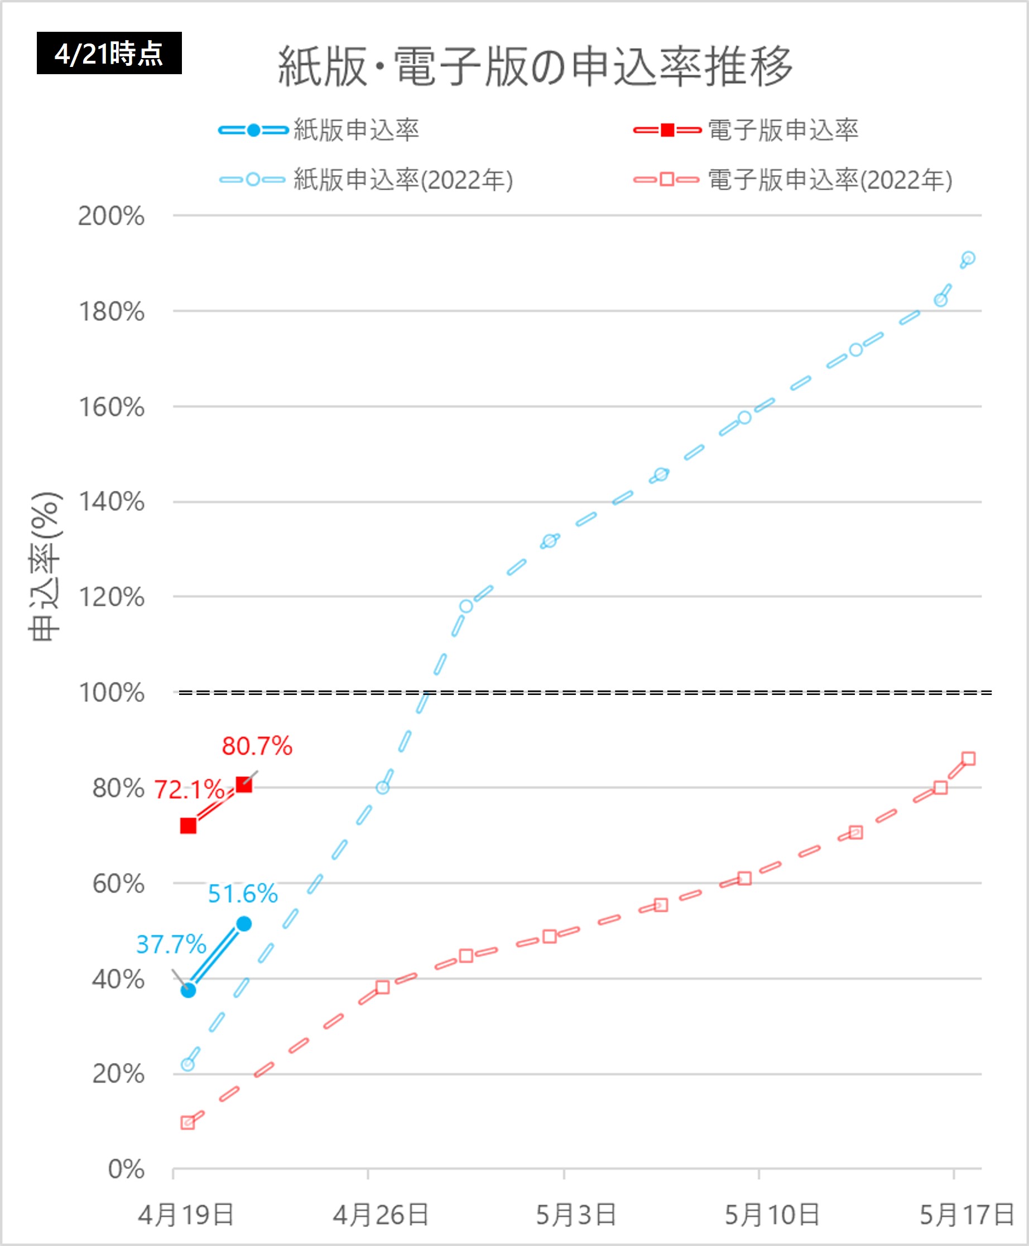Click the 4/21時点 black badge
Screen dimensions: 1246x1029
[x=109, y=54]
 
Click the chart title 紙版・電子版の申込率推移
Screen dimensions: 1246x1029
[x=535, y=66]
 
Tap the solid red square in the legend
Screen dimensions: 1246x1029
[x=667, y=130]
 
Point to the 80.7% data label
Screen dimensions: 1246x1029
[x=257, y=746]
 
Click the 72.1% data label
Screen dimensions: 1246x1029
[x=189, y=790]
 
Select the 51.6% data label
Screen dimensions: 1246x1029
[x=242, y=894]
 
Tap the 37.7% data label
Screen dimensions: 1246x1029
[x=171, y=944]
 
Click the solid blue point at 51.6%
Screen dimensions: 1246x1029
[x=244, y=924]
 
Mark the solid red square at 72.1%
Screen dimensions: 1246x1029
[x=189, y=826]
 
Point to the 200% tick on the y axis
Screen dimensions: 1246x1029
[x=112, y=216]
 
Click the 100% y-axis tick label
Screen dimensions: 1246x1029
[x=112, y=693]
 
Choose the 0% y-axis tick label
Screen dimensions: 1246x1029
[x=126, y=1170]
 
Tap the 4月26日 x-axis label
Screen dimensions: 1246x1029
[x=381, y=1215]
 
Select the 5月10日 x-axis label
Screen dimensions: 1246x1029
[x=772, y=1215]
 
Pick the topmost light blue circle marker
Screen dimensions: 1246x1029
[x=968, y=258]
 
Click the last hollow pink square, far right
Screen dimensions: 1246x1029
[x=969, y=759]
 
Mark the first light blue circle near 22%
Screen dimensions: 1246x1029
[x=187, y=1065]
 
